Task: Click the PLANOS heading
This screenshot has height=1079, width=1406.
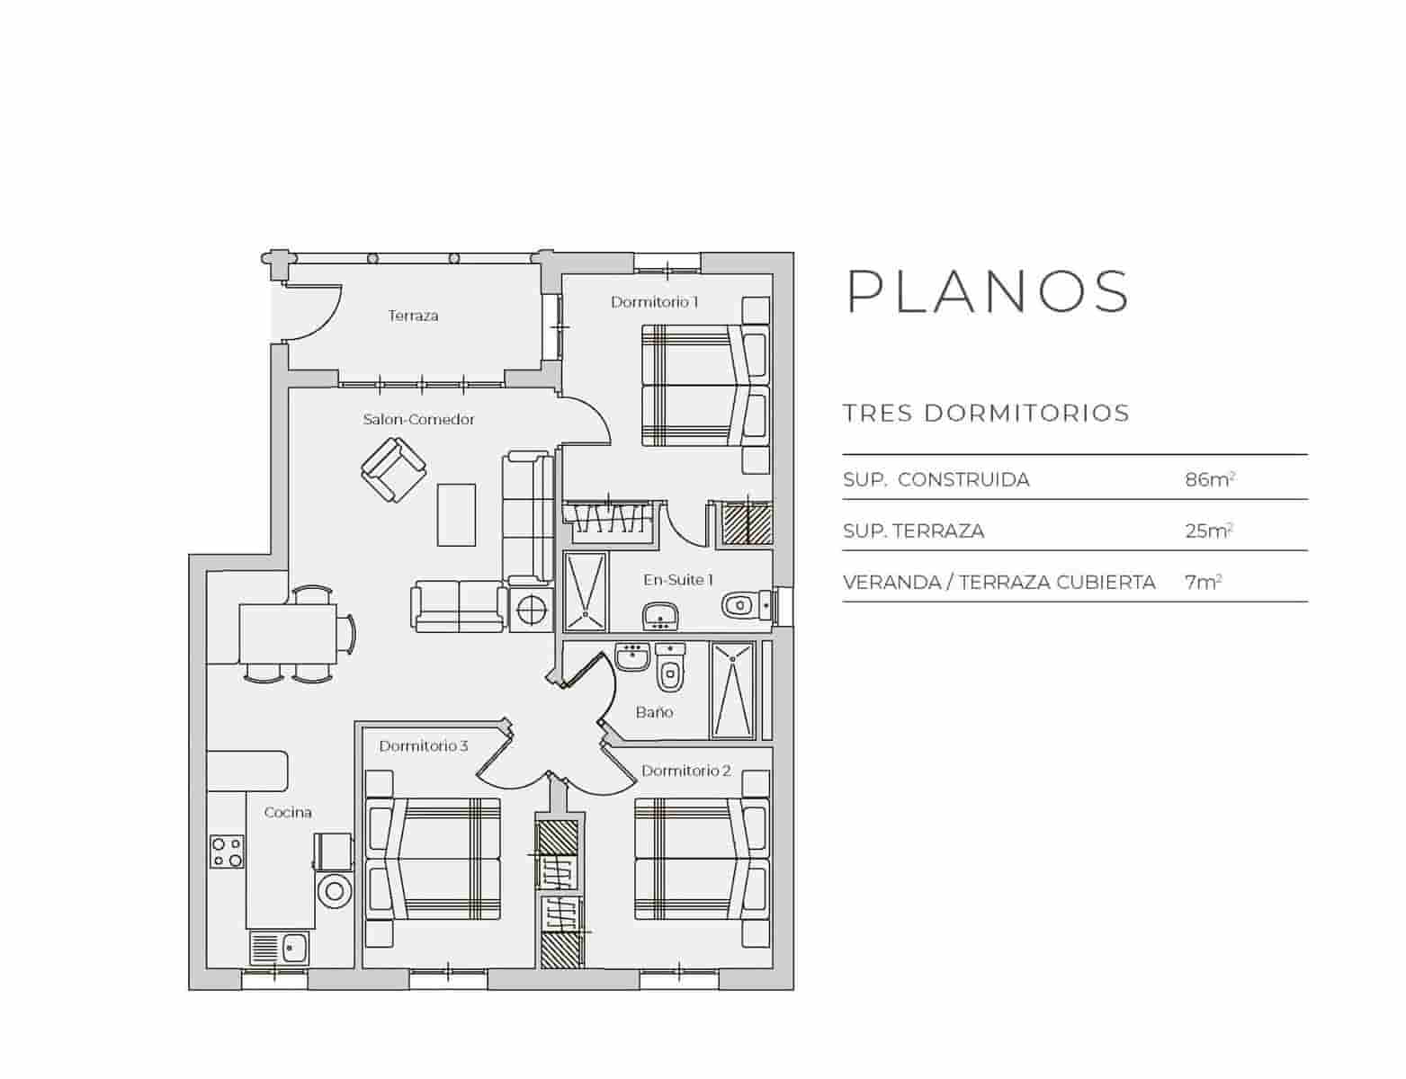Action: click(x=987, y=291)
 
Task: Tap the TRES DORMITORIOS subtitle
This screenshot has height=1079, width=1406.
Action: click(x=986, y=414)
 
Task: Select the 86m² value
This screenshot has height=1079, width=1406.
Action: click(x=1209, y=479)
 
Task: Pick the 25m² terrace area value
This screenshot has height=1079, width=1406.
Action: click(x=1208, y=531)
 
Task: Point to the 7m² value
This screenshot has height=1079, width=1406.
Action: click(x=1203, y=582)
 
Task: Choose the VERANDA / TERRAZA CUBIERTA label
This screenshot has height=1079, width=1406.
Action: click(x=999, y=582)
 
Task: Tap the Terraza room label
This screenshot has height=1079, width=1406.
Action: click(x=413, y=316)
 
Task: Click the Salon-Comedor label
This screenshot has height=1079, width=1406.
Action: click(x=418, y=419)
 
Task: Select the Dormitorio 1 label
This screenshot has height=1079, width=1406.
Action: click(x=654, y=302)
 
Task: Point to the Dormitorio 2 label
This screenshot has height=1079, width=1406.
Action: click(x=685, y=771)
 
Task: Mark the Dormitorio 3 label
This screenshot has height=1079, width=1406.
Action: click(x=423, y=746)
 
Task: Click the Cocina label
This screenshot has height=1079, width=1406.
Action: click(x=288, y=812)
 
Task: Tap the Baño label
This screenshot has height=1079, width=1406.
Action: click(x=654, y=712)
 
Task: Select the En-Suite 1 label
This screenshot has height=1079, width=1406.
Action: click(x=677, y=580)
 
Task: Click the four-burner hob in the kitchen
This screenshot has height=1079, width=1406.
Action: click(x=227, y=852)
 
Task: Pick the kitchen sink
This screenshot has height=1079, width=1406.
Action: click(x=280, y=948)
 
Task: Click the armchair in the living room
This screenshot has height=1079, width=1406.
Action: click(x=393, y=469)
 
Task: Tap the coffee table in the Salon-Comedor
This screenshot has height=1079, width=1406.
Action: click(x=456, y=514)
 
